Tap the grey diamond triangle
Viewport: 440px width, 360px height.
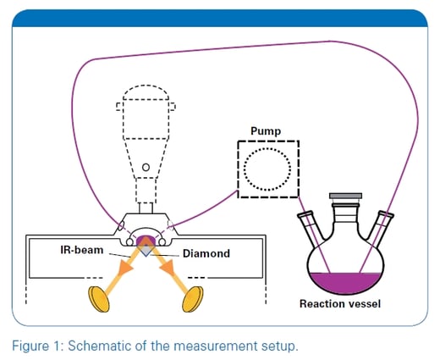point(146,249)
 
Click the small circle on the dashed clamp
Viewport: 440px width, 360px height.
point(146,167)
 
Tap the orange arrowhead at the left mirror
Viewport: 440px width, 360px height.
point(111,283)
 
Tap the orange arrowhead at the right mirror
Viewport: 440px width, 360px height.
point(179,282)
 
